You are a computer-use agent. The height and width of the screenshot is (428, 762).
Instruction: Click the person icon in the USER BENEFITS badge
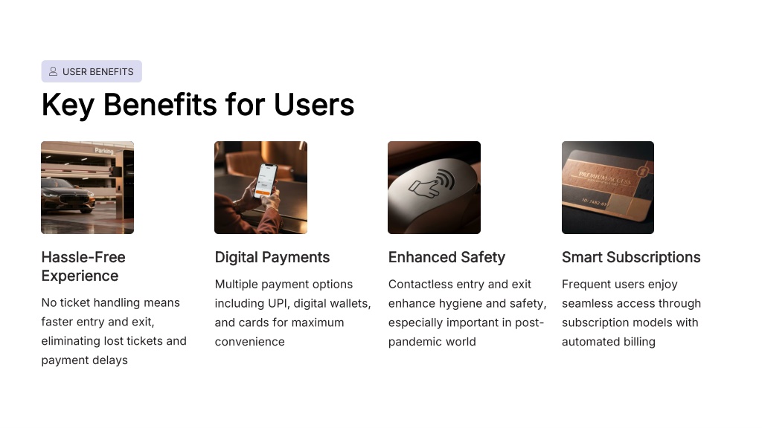(53, 71)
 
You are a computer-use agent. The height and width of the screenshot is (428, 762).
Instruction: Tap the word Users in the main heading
(314, 104)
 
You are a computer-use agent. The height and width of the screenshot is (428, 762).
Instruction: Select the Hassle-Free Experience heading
(83, 267)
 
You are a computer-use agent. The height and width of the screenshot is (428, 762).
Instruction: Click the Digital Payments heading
(272, 257)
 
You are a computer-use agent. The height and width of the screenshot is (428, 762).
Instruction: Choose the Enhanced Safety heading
(446, 257)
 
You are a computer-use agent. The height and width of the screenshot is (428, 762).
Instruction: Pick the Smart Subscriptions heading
(631, 257)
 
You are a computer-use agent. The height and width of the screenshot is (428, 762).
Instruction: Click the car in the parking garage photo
(68, 195)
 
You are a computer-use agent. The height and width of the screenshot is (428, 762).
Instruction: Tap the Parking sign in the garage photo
(104, 151)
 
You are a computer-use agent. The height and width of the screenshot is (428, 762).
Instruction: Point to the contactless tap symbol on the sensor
(432, 183)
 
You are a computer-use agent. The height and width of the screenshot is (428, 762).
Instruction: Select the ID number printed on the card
(595, 202)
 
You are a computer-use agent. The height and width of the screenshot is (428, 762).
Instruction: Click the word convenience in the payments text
(250, 342)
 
